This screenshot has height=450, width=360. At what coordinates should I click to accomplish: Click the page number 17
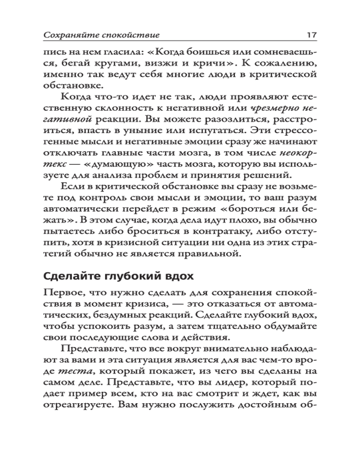tap(312, 34)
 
